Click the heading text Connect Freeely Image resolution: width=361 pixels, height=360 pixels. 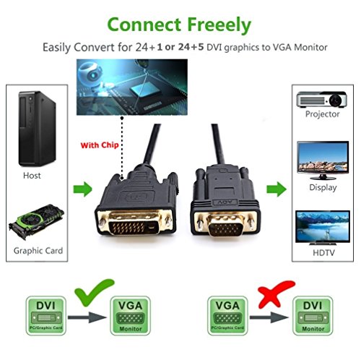click(x=180, y=24)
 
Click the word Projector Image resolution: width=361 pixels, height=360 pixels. click(x=323, y=114)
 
